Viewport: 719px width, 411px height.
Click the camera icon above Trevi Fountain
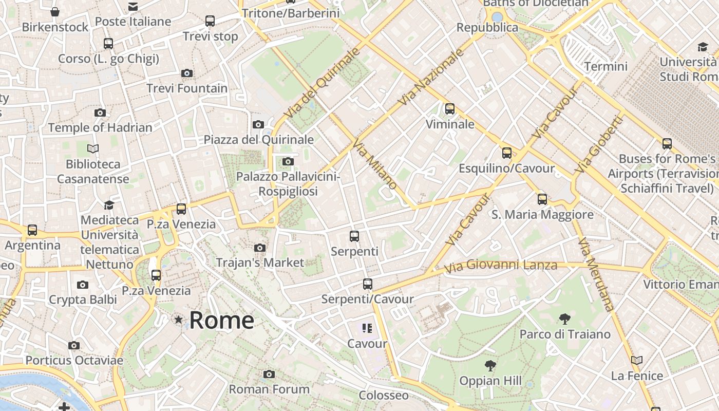pos(187,73)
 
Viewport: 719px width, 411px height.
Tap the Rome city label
pos(221,320)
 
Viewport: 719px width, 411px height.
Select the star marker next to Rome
pos(179,320)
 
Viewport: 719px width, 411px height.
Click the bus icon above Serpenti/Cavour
pos(367,284)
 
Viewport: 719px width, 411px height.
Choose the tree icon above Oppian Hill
pos(490,366)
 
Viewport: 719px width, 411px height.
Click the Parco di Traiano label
pos(565,334)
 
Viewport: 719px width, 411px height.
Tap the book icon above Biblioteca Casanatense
pos(93,149)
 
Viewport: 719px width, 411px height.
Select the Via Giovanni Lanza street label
pos(500,266)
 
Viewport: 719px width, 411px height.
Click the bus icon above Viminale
pos(450,109)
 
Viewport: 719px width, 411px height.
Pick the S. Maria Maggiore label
pos(542,215)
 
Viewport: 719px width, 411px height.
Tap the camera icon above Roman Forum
pos(269,374)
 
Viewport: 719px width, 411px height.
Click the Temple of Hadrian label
pos(100,127)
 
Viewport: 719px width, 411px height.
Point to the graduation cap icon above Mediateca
pos(109,206)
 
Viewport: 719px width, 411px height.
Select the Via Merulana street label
pos(596,274)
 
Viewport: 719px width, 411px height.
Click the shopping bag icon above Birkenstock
pos(55,12)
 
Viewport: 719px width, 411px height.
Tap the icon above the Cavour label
pos(367,328)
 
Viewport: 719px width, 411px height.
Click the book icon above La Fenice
pos(637,361)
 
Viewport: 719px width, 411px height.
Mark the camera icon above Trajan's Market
pos(260,248)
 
